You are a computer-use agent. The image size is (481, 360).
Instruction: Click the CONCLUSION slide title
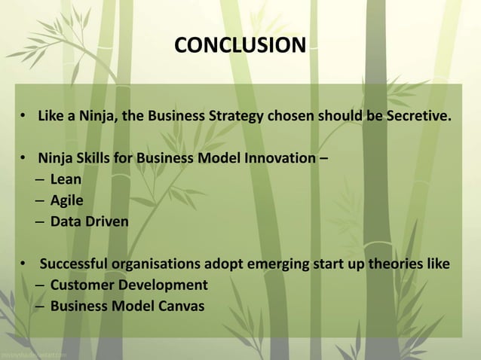point(240,45)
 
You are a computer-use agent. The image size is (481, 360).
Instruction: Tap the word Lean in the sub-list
point(66,180)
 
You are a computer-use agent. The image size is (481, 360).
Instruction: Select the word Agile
point(67,201)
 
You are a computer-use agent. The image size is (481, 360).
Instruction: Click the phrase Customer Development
point(129,285)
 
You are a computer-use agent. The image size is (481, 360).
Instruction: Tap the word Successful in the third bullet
point(74,264)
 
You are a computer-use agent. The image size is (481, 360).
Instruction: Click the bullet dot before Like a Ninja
point(24,118)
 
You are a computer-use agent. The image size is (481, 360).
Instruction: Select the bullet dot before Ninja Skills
point(24,160)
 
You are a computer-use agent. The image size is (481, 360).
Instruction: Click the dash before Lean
point(40,180)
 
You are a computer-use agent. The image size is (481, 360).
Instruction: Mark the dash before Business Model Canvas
point(40,307)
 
